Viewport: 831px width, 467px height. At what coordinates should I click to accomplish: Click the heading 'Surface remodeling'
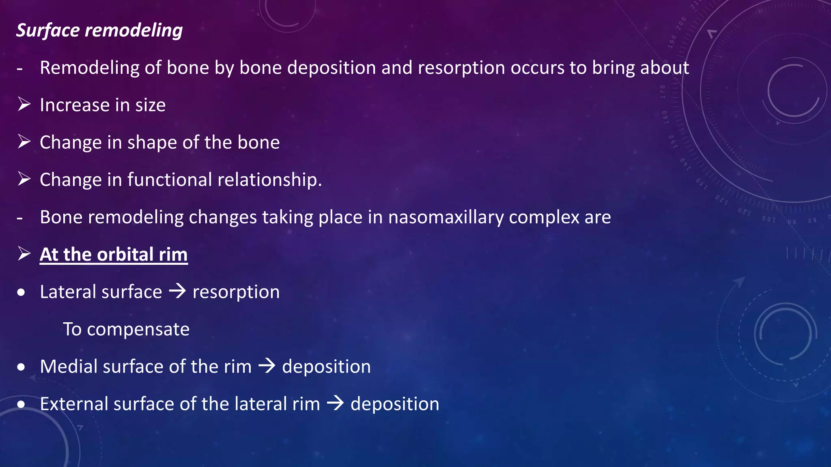(x=99, y=30)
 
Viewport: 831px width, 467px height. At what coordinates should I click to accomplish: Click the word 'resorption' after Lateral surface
(x=236, y=292)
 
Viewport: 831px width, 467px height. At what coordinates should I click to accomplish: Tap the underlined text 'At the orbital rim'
(x=114, y=255)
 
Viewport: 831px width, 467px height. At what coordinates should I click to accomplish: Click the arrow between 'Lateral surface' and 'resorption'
(x=177, y=291)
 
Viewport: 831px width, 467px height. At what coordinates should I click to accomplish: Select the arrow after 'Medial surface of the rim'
(x=267, y=366)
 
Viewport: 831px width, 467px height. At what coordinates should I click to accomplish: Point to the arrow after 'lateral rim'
(x=335, y=403)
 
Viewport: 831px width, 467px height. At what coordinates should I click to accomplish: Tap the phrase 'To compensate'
(x=126, y=329)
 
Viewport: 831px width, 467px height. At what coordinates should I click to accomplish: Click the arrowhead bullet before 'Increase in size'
(x=24, y=105)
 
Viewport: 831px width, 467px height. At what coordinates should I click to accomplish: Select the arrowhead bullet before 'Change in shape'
(x=24, y=142)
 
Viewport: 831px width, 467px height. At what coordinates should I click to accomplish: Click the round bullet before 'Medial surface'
(x=22, y=367)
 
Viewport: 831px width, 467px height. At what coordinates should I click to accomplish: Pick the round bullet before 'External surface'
(x=22, y=405)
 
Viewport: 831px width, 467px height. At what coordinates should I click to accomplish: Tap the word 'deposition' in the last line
(x=395, y=404)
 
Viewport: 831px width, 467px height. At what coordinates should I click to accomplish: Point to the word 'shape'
(x=152, y=143)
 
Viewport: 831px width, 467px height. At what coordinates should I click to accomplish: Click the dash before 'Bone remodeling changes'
(x=19, y=218)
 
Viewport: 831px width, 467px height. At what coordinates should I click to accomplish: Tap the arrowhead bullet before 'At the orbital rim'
(x=24, y=254)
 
